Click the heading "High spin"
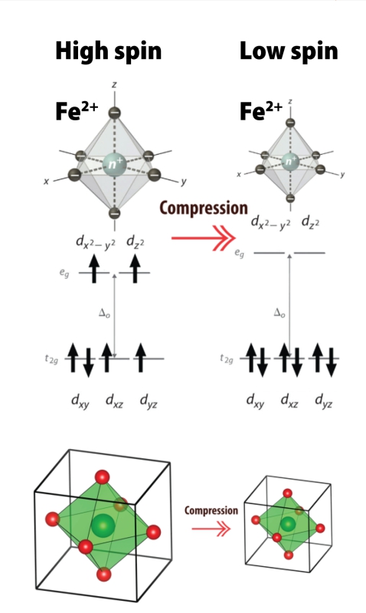pos(109,51)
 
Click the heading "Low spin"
pos(289,51)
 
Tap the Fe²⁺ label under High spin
pos(77,110)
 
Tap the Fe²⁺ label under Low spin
pos(260,110)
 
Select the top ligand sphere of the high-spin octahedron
pos(114,113)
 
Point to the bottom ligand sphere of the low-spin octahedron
pos(290,198)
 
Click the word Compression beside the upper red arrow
pos(204,208)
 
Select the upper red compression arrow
pos(204,238)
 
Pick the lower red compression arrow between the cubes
pos(211,529)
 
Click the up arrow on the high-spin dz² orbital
pos(135,268)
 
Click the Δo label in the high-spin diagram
pos(104,313)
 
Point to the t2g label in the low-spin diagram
pos(227,359)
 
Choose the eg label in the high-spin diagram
pos(64,274)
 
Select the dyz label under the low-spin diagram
pos(323,402)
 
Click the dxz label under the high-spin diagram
pos(114,402)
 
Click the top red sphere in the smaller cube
pos(287,493)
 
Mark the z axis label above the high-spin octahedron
pos(113,85)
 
